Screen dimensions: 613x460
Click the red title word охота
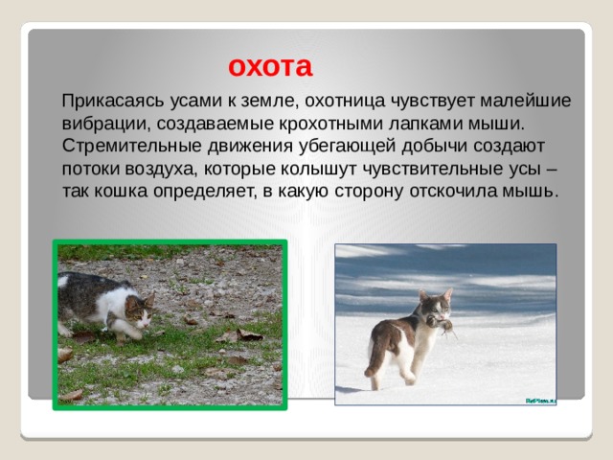point(270,67)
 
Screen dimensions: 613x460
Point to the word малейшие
point(526,101)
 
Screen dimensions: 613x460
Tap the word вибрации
point(106,124)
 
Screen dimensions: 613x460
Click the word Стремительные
point(131,146)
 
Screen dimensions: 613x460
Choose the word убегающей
point(347,147)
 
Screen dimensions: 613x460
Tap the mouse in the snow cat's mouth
point(442,326)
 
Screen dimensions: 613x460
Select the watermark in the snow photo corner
point(540,401)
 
